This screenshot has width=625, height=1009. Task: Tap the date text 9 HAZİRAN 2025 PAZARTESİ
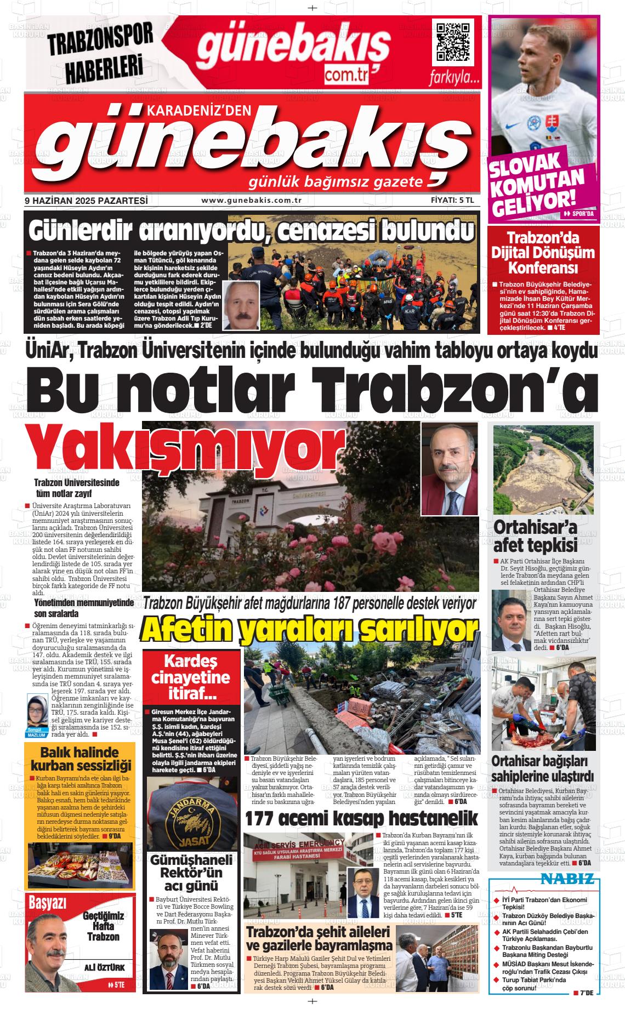(87, 201)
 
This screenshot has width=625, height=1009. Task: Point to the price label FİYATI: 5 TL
(452, 201)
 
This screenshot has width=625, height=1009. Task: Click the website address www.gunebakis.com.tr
(252, 201)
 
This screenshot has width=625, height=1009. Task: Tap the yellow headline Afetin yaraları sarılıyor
(309, 631)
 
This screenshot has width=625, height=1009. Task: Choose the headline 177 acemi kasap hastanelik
(361, 818)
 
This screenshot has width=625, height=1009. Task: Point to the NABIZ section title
(567, 880)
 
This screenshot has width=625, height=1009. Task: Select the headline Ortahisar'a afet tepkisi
(529, 535)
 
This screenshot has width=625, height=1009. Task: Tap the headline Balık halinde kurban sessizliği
(79, 759)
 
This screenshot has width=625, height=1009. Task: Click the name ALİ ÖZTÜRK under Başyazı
(104, 967)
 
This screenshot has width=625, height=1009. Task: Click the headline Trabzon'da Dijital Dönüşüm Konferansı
(543, 253)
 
